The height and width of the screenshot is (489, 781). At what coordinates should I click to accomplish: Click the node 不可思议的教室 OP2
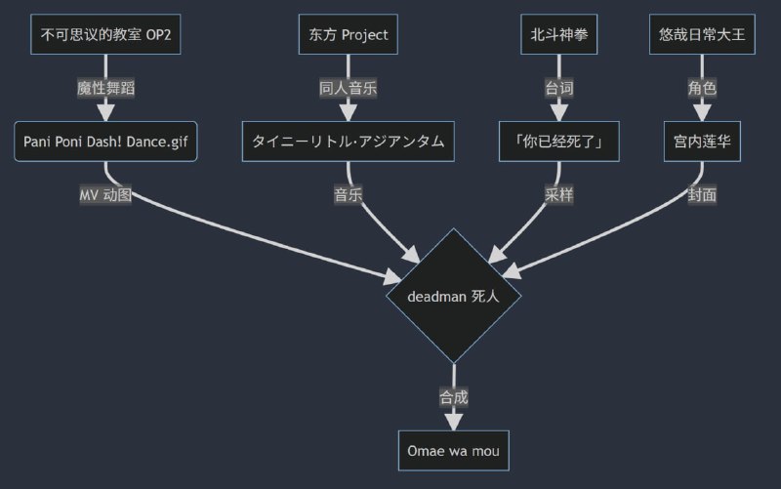pos(105,35)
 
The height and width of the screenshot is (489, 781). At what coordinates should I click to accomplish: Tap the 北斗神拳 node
pos(558,35)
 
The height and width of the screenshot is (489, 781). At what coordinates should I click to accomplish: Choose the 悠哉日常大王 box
pos(702,35)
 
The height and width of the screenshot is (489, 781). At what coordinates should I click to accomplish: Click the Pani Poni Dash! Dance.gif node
pos(105,142)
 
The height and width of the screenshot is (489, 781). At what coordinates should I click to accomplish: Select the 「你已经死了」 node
pos(558,142)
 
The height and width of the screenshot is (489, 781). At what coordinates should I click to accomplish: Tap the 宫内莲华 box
pos(702,142)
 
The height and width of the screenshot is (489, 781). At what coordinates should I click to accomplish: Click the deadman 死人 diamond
pos(453,295)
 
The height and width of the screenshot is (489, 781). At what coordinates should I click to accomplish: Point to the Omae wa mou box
pos(453,451)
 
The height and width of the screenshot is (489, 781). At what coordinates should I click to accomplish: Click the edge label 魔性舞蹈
pos(105,88)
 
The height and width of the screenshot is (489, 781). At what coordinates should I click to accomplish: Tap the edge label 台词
pos(558,88)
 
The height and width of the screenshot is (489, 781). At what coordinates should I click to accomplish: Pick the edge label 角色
pos(702,88)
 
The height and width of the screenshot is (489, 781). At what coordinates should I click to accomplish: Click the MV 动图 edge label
pos(105,194)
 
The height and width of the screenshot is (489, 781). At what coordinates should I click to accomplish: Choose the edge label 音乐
pos(349,194)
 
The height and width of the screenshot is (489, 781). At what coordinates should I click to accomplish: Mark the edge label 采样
pos(558,194)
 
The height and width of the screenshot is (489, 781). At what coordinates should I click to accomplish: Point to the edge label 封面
pos(702,194)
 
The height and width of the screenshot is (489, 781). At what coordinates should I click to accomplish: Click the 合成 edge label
pos(453,397)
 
